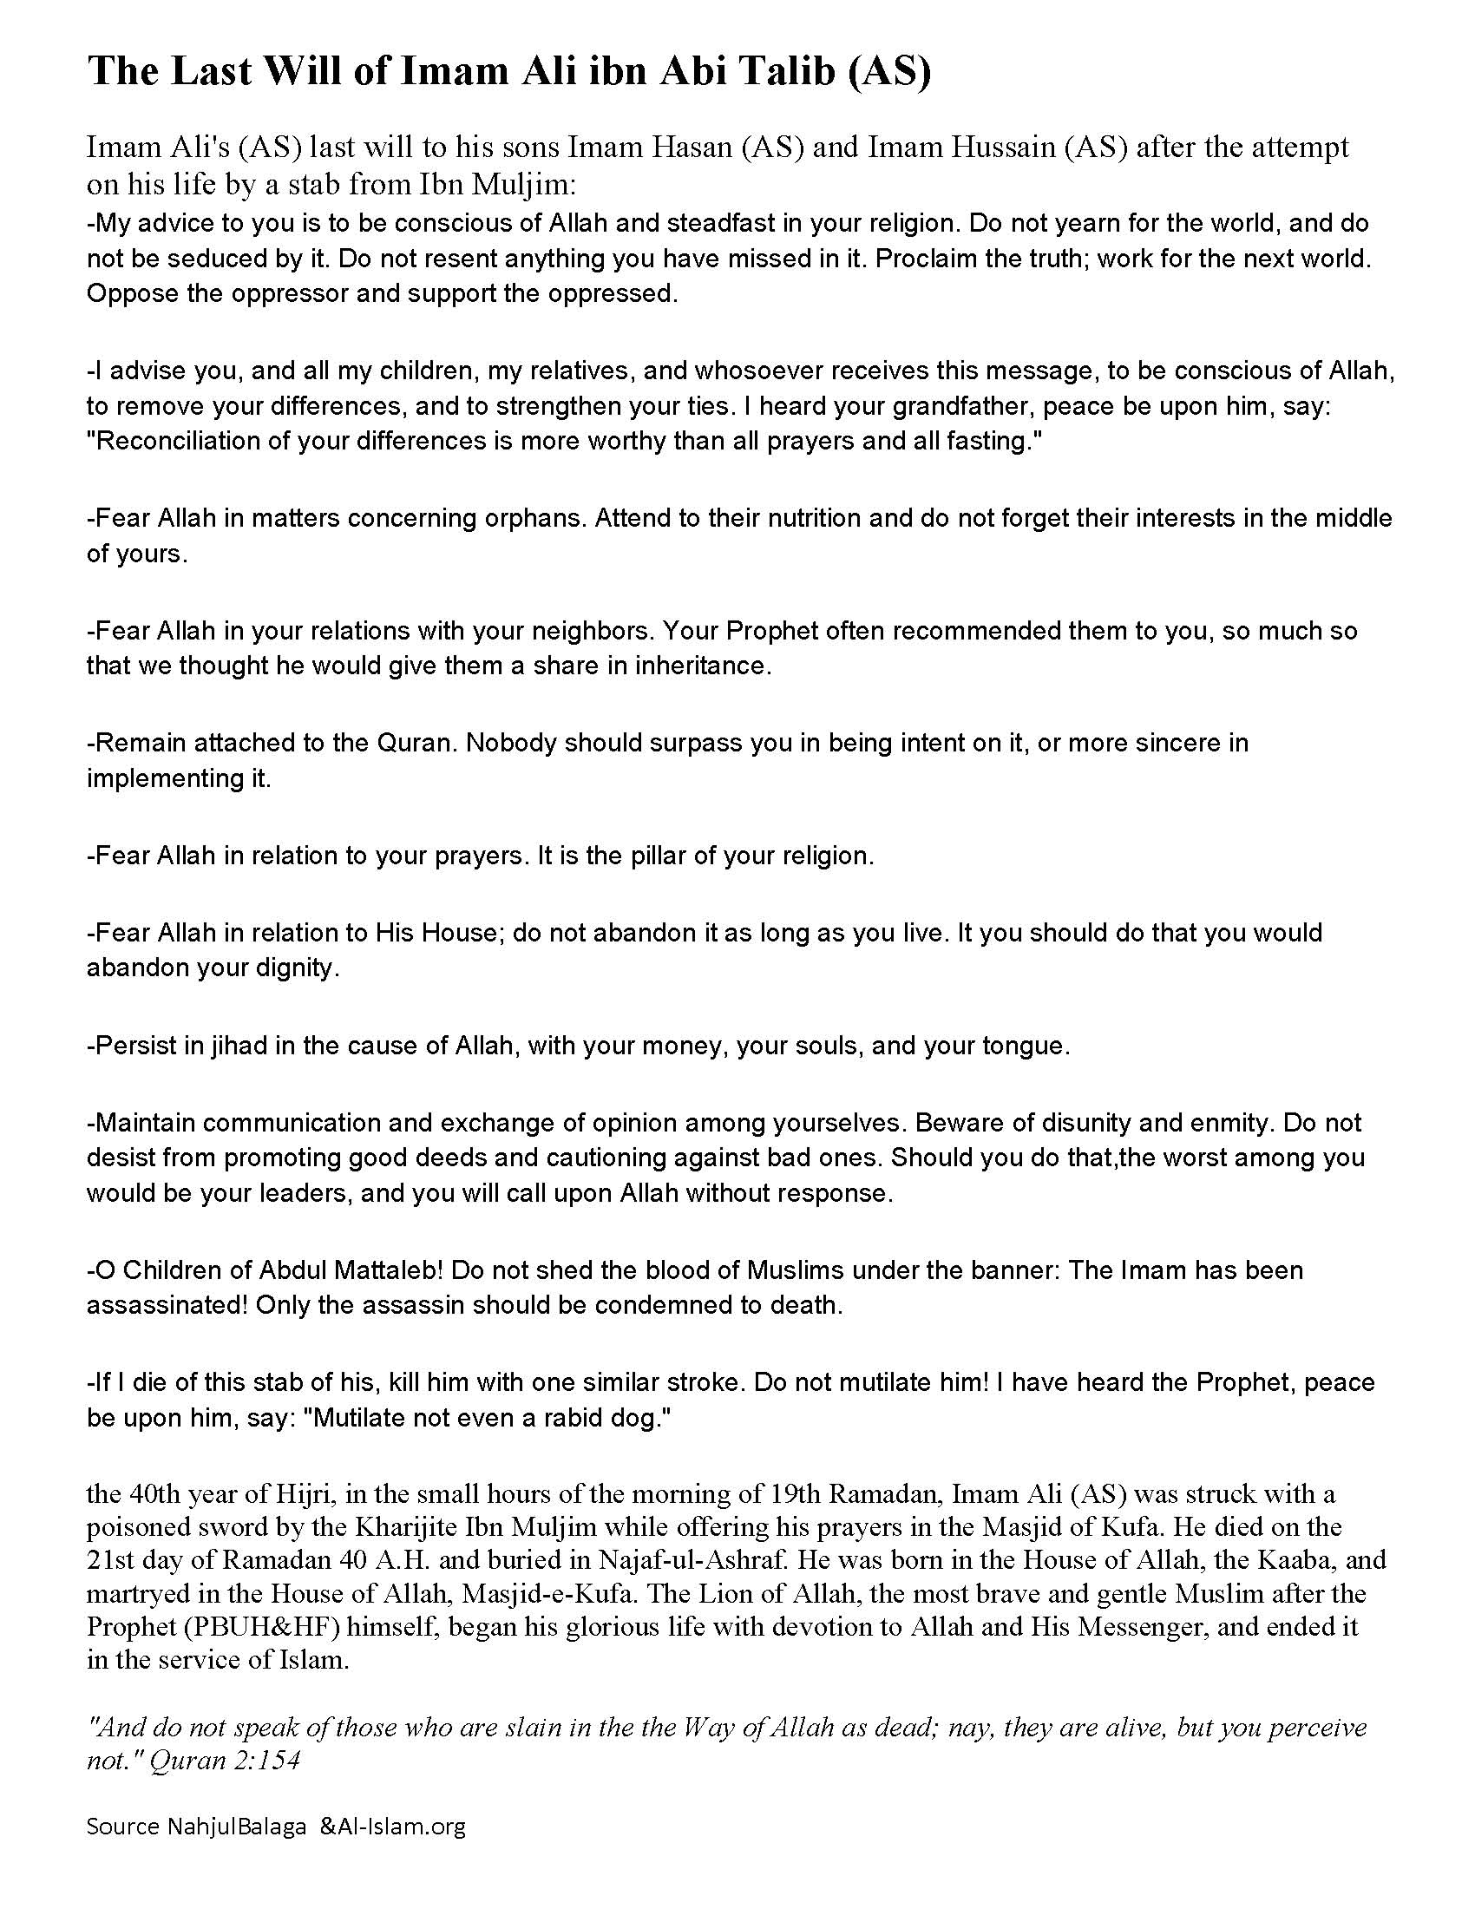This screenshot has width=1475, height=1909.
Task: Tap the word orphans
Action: click(541, 518)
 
